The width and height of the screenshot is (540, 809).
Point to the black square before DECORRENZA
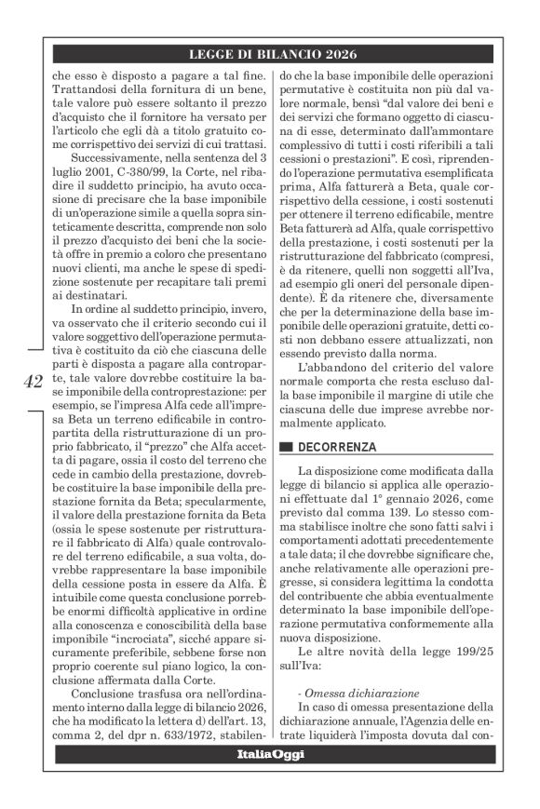(286, 448)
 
